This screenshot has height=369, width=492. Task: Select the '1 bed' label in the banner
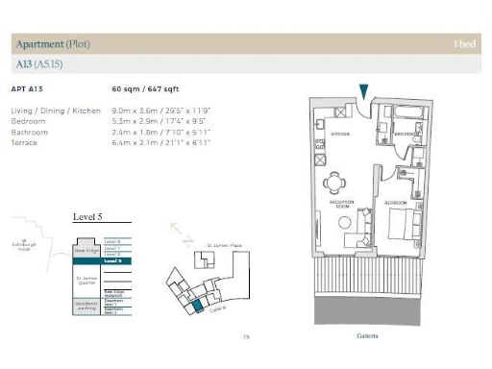pos(466,44)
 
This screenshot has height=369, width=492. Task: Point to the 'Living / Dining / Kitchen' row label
pos(56,111)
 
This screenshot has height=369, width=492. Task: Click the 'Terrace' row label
pos(25,143)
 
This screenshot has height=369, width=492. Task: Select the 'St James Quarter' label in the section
pos(87,280)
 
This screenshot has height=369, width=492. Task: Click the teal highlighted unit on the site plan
pos(196,305)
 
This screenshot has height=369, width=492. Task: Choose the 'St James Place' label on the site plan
pos(223,246)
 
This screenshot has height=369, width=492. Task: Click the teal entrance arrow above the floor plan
pos(363,91)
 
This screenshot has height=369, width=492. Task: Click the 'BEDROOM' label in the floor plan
pos(396,205)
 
